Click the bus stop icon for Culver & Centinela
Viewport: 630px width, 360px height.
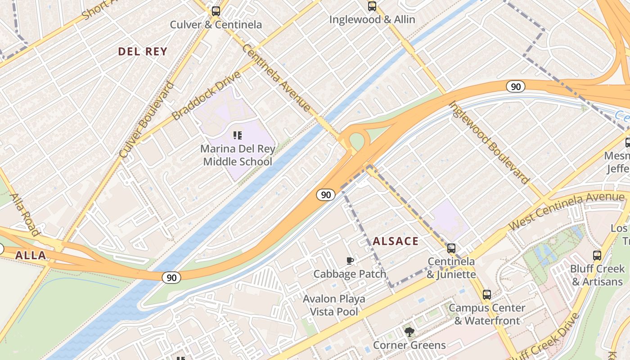(x=216, y=11)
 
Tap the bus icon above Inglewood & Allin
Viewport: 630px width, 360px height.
(x=372, y=6)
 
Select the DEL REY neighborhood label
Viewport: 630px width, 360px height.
(x=143, y=52)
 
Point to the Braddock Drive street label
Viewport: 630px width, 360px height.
(x=207, y=95)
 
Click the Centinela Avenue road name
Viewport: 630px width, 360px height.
(x=276, y=78)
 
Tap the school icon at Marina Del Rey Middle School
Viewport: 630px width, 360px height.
(x=238, y=135)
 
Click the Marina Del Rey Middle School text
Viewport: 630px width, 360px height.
(x=237, y=155)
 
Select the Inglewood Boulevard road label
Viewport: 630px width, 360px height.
(x=489, y=143)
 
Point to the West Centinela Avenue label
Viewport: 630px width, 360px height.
(x=567, y=211)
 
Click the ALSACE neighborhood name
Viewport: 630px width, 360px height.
(x=396, y=241)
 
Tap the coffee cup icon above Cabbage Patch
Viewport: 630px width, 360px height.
(x=350, y=261)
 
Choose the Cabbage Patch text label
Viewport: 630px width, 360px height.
(x=350, y=274)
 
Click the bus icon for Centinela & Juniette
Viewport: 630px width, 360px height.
(x=451, y=248)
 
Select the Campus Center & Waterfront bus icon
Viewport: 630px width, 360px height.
(x=487, y=295)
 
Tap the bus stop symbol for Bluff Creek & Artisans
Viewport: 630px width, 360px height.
(x=597, y=256)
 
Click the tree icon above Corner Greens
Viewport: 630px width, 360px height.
(x=409, y=332)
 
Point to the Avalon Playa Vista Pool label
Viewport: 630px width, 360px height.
(x=334, y=305)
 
